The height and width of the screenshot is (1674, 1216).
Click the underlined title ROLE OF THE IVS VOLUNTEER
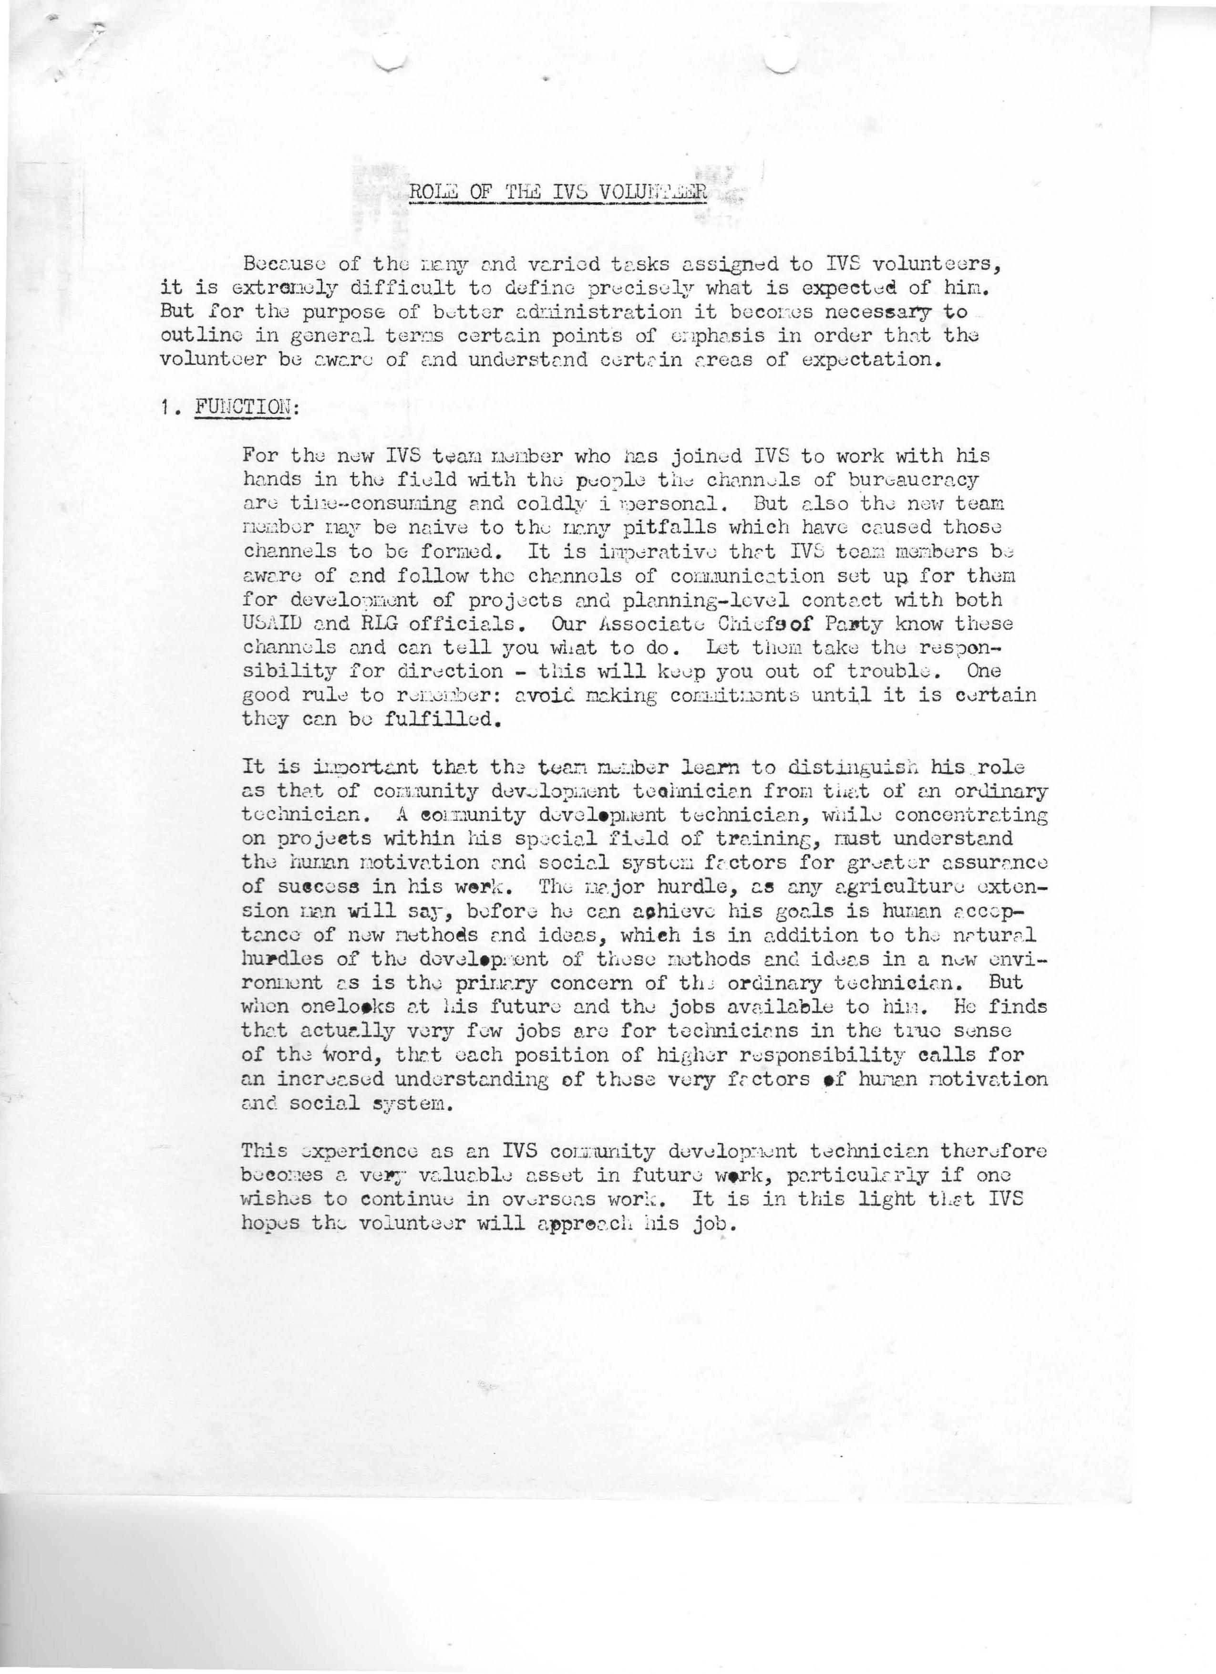[x=558, y=192]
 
